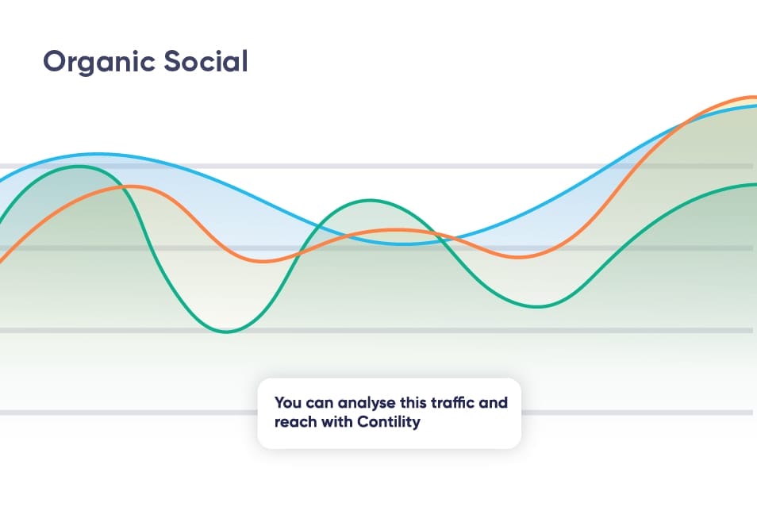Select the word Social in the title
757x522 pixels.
point(206,61)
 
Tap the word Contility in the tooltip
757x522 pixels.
point(389,422)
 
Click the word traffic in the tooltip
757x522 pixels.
point(452,402)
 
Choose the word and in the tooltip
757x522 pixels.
point(493,402)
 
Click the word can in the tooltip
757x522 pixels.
point(320,403)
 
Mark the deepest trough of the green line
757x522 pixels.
point(226,332)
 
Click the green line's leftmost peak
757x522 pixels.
point(79,166)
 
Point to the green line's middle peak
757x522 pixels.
point(370,200)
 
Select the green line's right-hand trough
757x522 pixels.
point(537,307)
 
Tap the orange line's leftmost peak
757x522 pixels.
point(131,186)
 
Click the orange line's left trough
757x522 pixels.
point(263,261)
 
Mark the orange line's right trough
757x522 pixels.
point(517,257)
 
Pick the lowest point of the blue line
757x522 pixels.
point(405,244)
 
